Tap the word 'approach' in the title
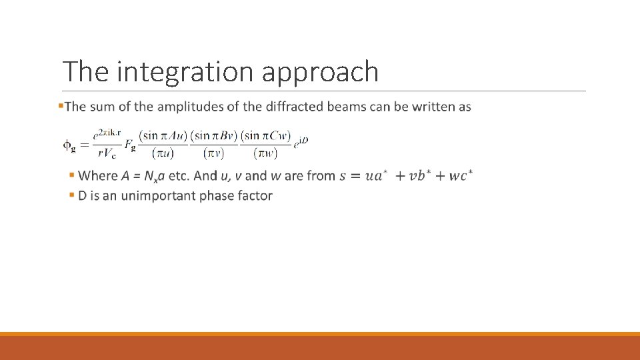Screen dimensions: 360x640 tap(320, 72)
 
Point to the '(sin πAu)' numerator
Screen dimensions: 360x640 tap(163, 135)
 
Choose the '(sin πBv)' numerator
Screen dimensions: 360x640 tap(214, 135)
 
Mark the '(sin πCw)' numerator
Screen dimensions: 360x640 tap(265, 135)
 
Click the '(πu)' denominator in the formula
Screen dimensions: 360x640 tap(163, 153)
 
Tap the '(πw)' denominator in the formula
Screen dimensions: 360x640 tap(265, 153)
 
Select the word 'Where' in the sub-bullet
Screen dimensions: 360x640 tap(98, 176)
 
